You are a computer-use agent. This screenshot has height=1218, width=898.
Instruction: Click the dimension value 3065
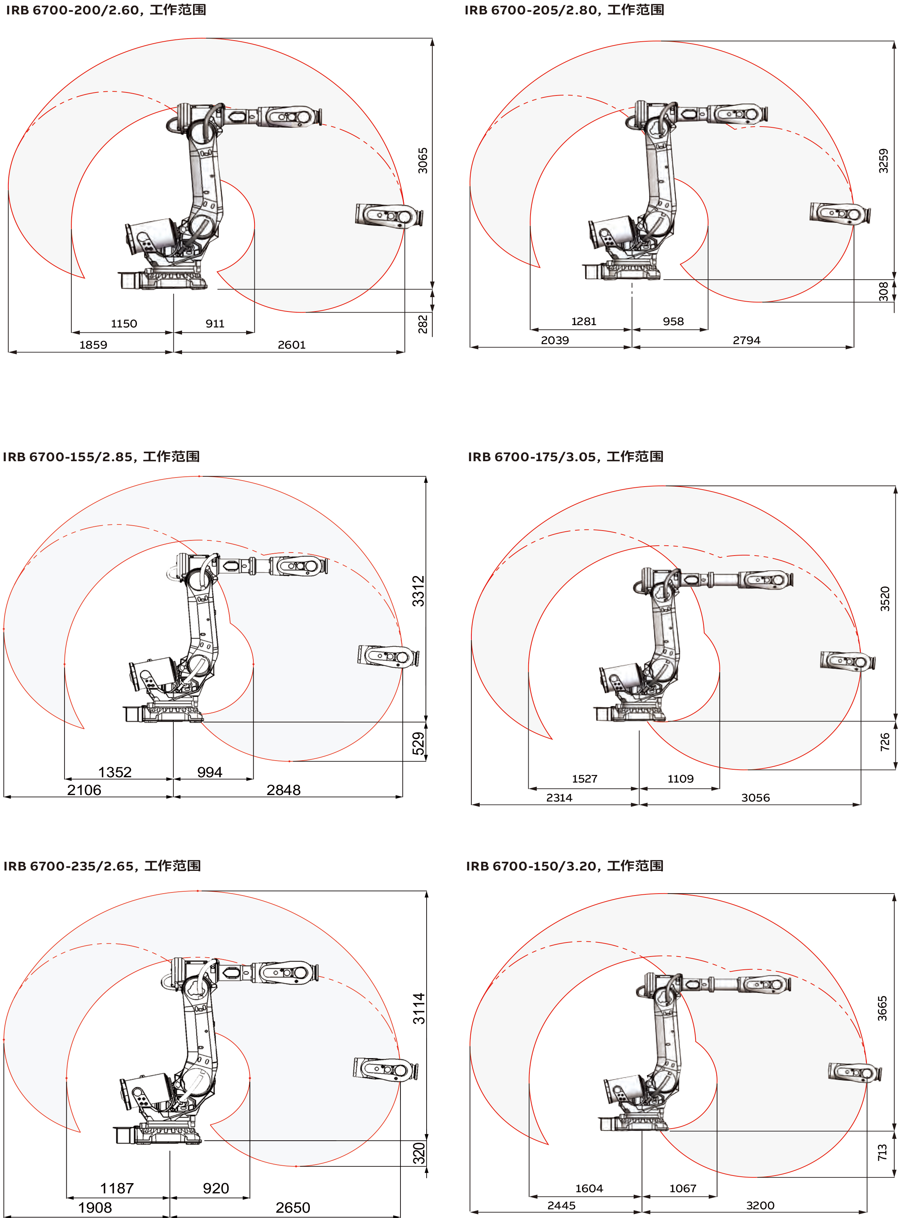[x=423, y=161]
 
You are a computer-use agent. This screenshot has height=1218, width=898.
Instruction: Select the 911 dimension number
[x=215, y=324]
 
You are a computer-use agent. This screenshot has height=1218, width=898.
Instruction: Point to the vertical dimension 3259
[x=883, y=161]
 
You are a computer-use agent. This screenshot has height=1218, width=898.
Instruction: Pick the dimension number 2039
[x=555, y=341]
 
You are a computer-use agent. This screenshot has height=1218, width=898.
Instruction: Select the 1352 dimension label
[x=115, y=772]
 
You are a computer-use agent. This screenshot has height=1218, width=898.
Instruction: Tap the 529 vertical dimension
[x=418, y=744]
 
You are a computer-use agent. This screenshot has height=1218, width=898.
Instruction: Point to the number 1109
[x=681, y=779]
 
